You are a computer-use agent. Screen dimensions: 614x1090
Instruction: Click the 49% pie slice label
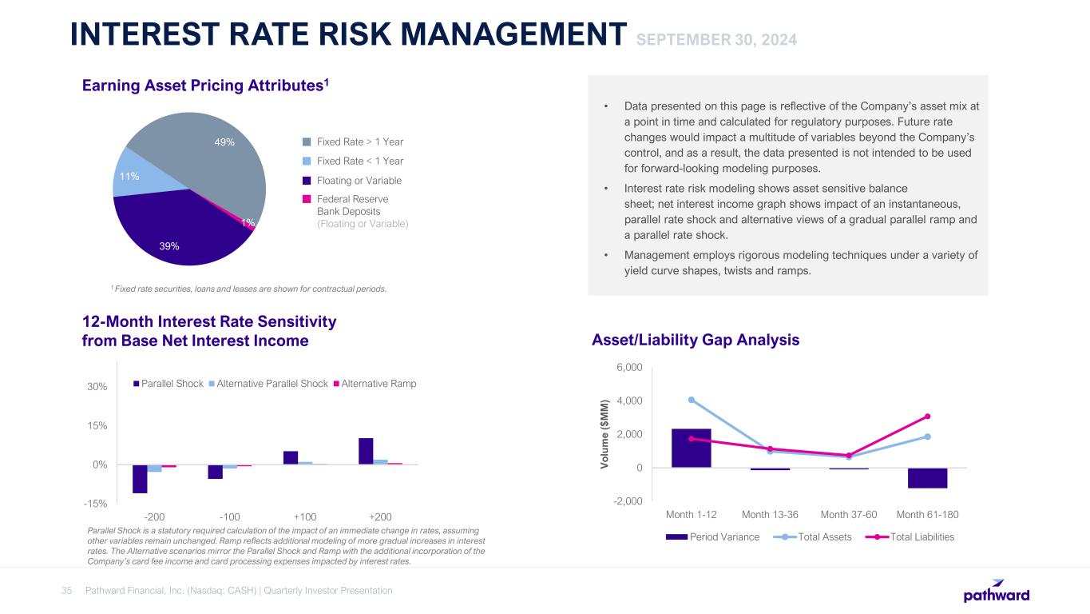point(224,142)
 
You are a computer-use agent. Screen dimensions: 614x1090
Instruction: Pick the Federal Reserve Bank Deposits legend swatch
point(307,198)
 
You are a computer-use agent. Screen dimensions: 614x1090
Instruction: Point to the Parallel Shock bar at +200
point(366,451)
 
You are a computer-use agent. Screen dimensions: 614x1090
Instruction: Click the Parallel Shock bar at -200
point(140,479)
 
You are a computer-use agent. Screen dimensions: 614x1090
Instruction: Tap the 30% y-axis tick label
point(97,387)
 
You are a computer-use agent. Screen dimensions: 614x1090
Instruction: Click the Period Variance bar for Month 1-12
point(692,449)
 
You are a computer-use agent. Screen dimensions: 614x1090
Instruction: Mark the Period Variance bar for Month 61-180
point(927,478)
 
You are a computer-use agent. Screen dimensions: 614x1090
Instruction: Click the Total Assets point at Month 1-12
point(692,400)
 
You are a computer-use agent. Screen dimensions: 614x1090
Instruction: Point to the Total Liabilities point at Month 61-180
point(927,416)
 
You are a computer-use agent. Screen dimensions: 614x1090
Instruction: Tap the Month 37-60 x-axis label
point(849,513)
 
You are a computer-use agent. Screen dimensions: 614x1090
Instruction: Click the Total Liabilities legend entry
point(914,537)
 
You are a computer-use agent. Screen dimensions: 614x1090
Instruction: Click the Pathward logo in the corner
point(997,592)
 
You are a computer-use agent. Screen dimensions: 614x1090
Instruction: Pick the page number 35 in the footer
point(67,591)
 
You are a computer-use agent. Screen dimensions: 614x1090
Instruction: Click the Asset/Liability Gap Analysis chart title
point(696,340)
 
